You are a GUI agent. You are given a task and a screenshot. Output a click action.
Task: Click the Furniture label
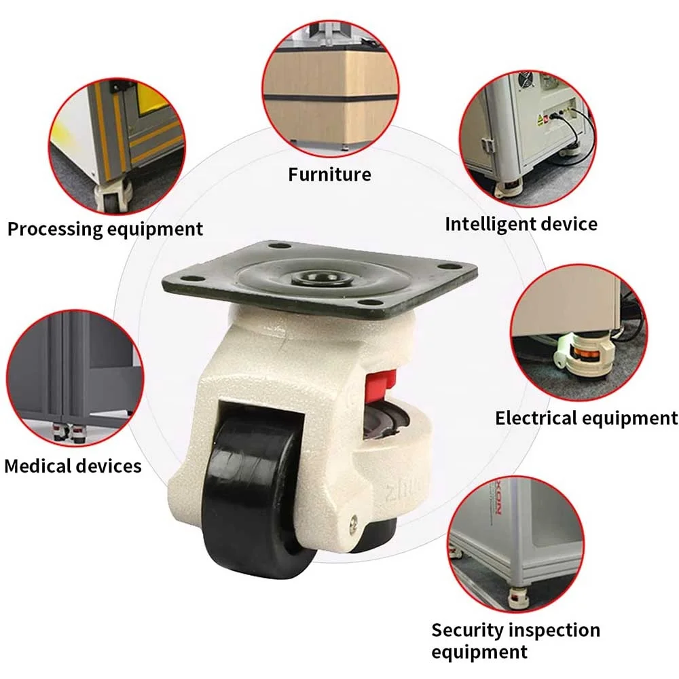click(x=329, y=175)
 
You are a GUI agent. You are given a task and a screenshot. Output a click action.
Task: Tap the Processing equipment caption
click(x=105, y=229)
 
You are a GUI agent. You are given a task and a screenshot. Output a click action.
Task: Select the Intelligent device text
click(x=521, y=224)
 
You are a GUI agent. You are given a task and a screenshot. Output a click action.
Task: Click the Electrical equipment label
click(x=586, y=418)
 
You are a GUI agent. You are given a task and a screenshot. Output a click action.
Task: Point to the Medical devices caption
click(x=73, y=466)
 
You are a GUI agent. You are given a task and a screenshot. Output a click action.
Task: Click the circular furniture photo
click(x=331, y=81)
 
